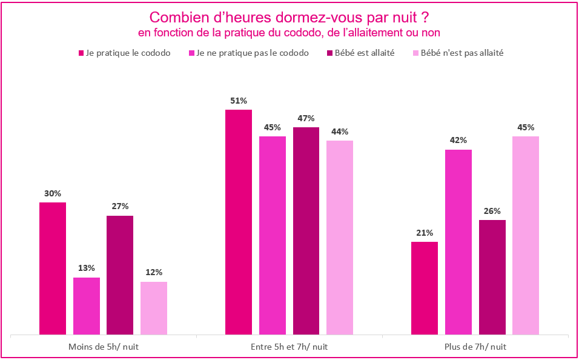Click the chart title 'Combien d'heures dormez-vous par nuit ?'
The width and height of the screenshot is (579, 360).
pyautogui.click(x=289, y=16)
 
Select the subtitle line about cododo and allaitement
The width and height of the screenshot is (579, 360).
pyautogui.click(x=289, y=32)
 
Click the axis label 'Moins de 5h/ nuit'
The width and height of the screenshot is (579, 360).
pyautogui.click(x=103, y=347)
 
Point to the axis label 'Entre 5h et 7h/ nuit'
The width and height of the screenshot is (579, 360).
pyautogui.click(x=289, y=347)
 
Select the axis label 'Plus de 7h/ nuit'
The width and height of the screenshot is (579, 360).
pyautogui.click(x=475, y=347)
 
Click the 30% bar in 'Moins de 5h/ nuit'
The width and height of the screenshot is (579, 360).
pyautogui.click(x=53, y=268)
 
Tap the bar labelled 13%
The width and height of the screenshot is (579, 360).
pyautogui.click(x=87, y=306)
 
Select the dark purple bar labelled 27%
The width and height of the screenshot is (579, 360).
pyautogui.click(x=120, y=275)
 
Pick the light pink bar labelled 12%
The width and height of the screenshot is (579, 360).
pyautogui.click(x=154, y=308)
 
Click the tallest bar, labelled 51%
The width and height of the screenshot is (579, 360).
pyautogui.click(x=239, y=222)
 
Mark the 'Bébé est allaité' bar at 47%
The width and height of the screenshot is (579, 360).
pyautogui.click(x=306, y=231)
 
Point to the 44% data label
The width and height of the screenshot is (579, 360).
pyautogui.click(x=340, y=132)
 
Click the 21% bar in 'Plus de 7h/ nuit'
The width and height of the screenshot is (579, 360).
pyautogui.click(x=425, y=288)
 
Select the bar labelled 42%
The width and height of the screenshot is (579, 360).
pyautogui.click(x=458, y=242)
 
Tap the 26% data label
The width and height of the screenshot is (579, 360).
pyautogui.click(x=492, y=211)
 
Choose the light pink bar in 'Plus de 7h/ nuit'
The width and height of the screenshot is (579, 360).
pyautogui.click(x=526, y=235)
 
